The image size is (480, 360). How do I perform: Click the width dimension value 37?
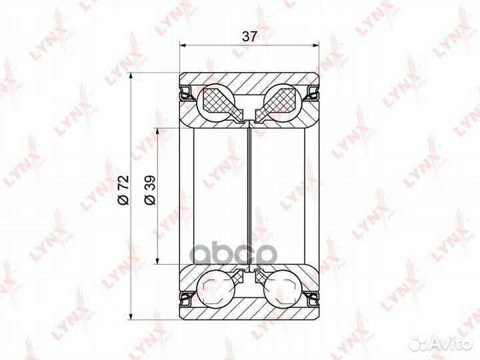pyautogui.click(x=249, y=37)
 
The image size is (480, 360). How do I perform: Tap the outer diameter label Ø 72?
pyautogui.click(x=123, y=190)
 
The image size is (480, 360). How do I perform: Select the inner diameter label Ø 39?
pyautogui.click(x=150, y=190)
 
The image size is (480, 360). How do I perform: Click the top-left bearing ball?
pyautogui.click(x=216, y=101)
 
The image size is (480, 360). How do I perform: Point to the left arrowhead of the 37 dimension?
pyautogui.click(x=183, y=45)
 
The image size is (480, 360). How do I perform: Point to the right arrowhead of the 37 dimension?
pyautogui.click(x=315, y=45)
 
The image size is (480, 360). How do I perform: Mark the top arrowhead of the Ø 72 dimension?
pyautogui.click(x=131, y=76)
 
